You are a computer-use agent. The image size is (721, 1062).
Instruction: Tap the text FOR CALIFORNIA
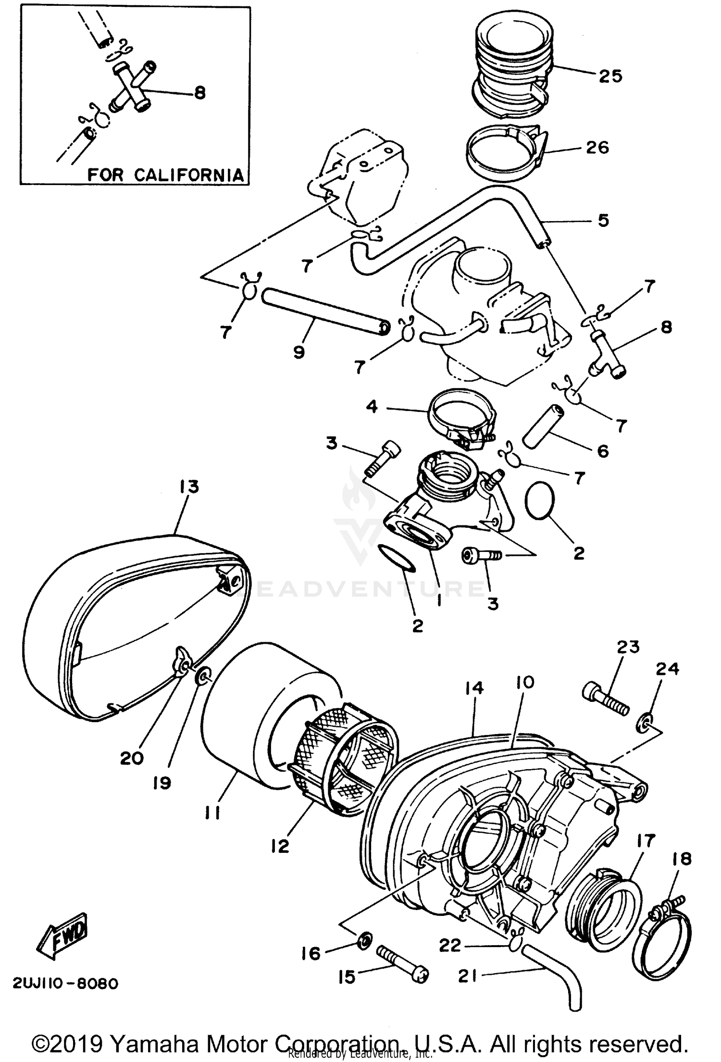[x=165, y=175]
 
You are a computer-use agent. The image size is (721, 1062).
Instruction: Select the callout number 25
[x=610, y=76]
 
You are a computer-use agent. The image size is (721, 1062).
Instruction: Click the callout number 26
[x=597, y=148]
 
